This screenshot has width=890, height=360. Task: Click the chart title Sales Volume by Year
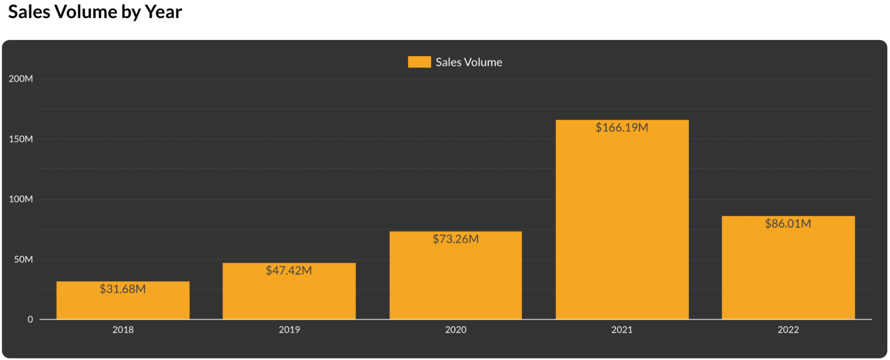tap(95, 12)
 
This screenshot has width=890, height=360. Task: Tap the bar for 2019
tap(289, 296)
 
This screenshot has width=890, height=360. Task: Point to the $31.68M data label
tap(123, 289)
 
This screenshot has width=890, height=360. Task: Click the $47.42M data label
tap(289, 271)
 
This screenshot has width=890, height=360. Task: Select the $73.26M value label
tap(455, 239)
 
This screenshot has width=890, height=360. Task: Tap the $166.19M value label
tap(622, 128)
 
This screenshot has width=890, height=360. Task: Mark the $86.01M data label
tap(788, 223)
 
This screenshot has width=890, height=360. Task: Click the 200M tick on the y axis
tap(21, 79)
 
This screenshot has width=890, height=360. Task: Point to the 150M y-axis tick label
tap(21, 139)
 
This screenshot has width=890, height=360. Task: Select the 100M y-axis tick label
tap(21, 199)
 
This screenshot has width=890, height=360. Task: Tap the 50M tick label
tap(23, 259)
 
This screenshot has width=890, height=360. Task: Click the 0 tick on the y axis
tap(30, 319)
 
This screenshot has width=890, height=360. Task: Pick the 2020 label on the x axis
tap(455, 330)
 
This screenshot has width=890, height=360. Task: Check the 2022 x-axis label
tap(788, 330)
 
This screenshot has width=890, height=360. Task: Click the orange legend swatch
tap(419, 62)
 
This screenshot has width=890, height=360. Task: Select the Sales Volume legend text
tap(469, 62)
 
